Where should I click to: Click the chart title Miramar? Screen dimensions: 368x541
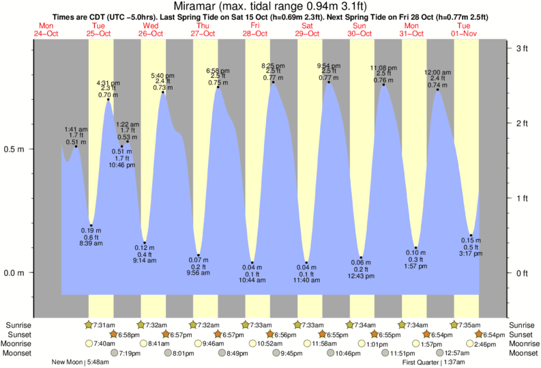(x=270, y=7)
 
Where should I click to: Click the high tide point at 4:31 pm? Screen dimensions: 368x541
(x=108, y=100)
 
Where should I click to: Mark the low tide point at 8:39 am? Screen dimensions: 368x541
(x=91, y=225)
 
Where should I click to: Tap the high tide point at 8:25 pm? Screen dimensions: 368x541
(x=273, y=83)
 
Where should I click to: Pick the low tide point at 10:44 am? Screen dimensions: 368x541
(x=252, y=263)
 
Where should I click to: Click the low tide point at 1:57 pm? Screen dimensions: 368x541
(x=415, y=248)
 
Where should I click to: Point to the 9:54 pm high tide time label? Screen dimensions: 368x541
(x=327, y=66)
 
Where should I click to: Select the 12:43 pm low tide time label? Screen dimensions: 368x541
(x=361, y=277)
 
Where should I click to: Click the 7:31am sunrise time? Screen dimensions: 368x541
(x=102, y=324)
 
